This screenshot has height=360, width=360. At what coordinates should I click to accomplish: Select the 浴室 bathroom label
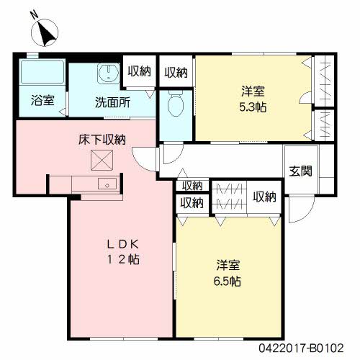pos(42,101)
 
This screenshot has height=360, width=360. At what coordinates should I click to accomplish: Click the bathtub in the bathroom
pos(41,74)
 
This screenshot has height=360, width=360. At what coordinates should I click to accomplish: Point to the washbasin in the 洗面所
pos(108,73)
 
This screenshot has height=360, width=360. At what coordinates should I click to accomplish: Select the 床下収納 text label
pos(103,139)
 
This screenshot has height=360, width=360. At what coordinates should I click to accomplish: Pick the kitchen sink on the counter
pos(107,184)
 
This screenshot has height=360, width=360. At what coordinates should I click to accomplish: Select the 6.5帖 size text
pos(226,279)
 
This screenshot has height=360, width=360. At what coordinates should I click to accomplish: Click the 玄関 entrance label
pos(301,171)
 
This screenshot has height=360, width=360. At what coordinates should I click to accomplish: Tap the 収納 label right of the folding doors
pos(265,197)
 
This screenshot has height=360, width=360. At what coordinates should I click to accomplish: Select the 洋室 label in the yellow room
pos(226,264)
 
